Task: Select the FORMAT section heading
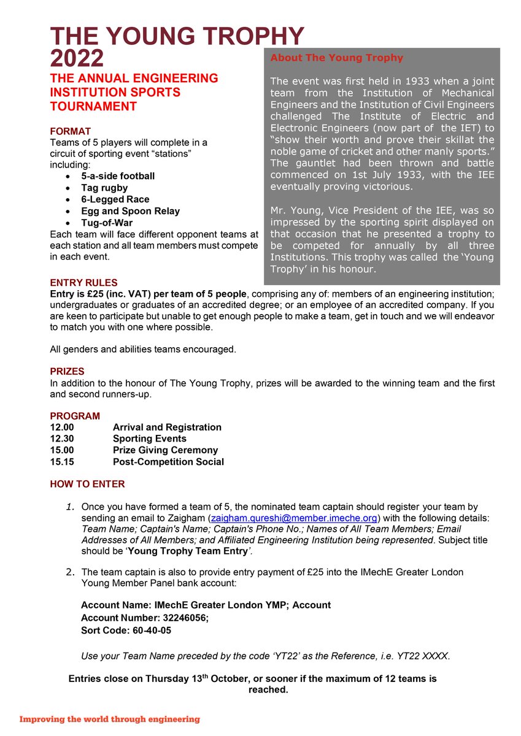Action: click(70, 131)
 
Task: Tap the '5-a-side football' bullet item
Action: click(118, 176)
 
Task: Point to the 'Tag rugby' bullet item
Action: click(104, 188)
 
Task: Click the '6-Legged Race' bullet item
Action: click(115, 199)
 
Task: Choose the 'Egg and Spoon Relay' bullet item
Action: click(130, 211)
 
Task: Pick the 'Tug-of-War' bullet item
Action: click(107, 223)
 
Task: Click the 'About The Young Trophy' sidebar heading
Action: click(336, 58)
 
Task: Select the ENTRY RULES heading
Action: click(83, 283)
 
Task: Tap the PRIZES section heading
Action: click(67, 372)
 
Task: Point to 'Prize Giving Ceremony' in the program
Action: click(165, 450)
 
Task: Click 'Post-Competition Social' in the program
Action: click(168, 462)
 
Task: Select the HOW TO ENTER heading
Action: click(87, 484)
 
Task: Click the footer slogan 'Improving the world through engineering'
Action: click(110, 719)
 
